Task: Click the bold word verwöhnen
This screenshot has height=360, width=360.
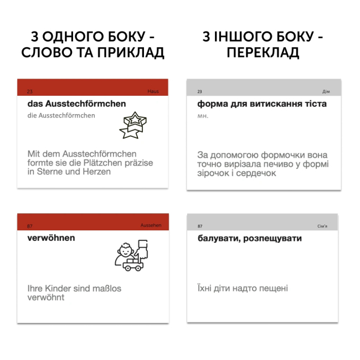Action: pyautogui.click(x=51, y=238)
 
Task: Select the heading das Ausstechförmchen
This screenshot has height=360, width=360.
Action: pyautogui.click(x=76, y=104)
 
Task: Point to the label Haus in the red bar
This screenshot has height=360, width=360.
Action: pyautogui.click(x=153, y=91)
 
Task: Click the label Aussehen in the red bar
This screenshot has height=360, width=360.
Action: pyautogui.click(x=150, y=225)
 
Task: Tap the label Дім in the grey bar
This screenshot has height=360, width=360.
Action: pyautogui.click(x=326, y=91)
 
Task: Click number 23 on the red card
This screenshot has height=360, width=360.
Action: pyautogui.click(x=30, y=91)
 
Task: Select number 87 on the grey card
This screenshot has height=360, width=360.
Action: pyautogui.click(x=200, y=227)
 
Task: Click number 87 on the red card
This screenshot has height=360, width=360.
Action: pyautogui.click(x=30, y=225)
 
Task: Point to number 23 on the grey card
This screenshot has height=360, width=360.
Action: pyautogui.click(x=199, y=91)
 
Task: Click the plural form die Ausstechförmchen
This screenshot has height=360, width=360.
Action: pyautogui.click(x=61, y=116)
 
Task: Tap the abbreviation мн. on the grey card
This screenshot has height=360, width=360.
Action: pyautogui.click(x=202, y=116)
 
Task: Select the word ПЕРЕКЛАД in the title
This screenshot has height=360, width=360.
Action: pyautogui.click(x=263, y=53)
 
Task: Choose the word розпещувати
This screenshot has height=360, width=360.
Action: pyautogui.click(x=271, y=239)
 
